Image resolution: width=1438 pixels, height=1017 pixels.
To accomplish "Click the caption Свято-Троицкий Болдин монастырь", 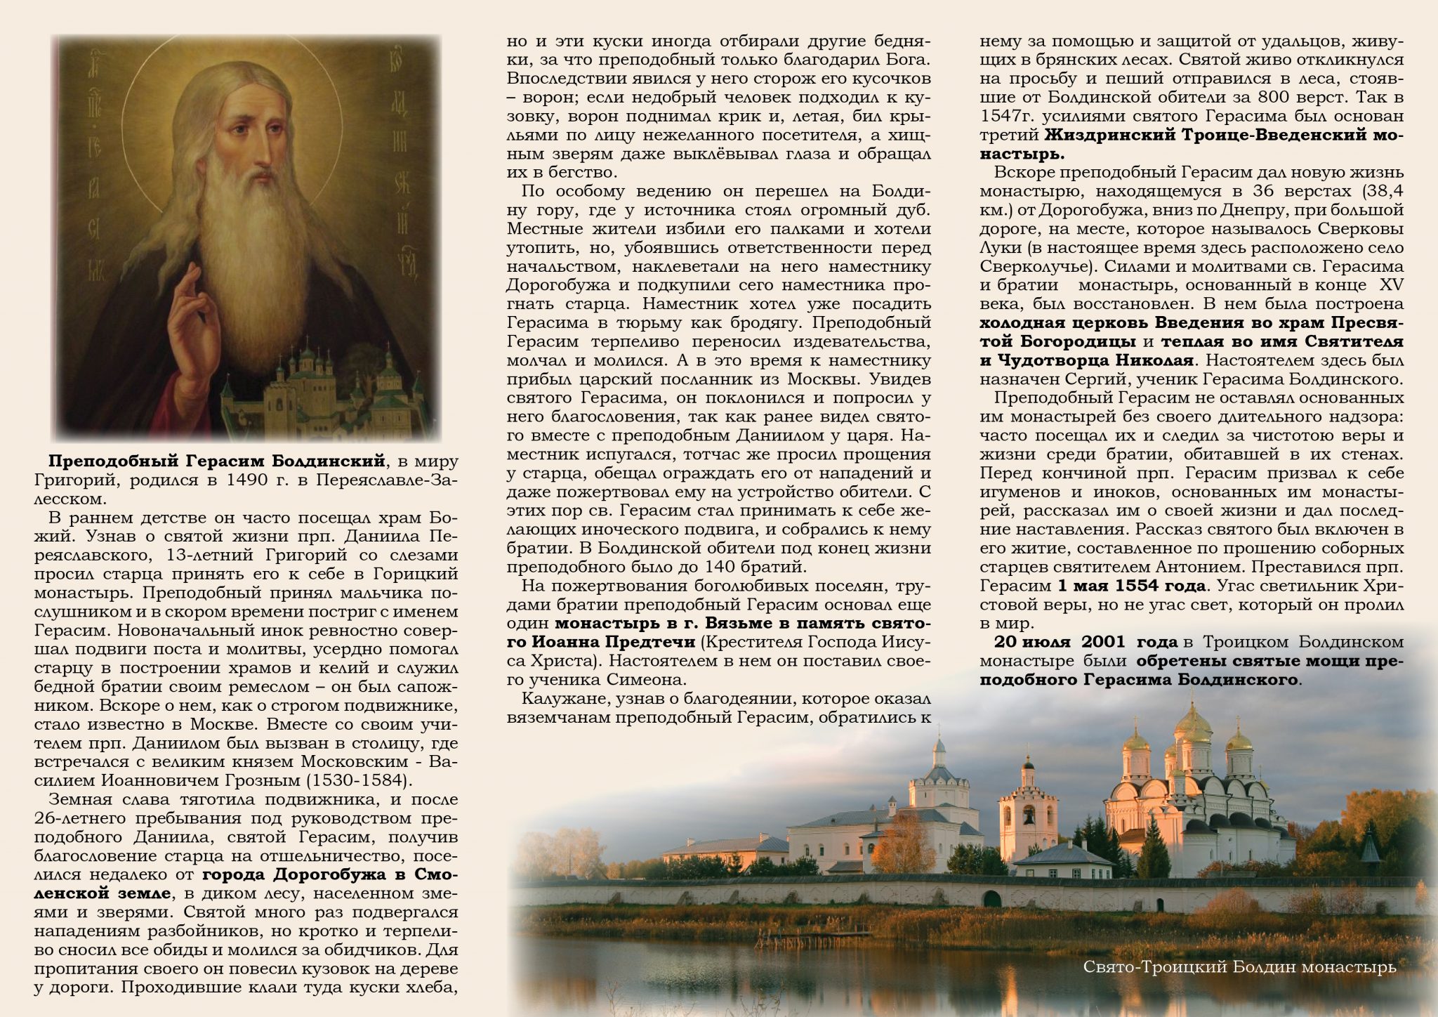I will [x=1239, y=967].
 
